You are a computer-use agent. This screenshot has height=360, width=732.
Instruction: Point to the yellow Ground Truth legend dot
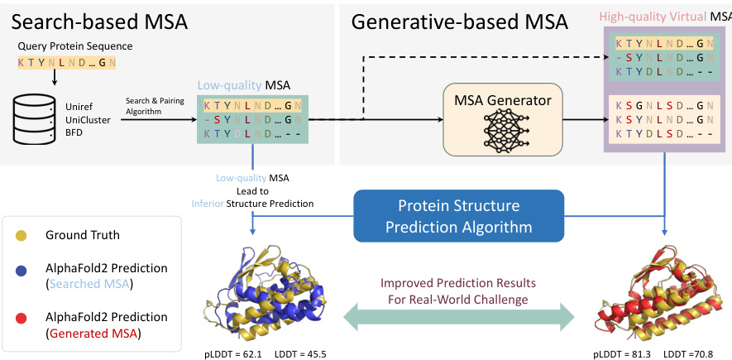tap(22, 235)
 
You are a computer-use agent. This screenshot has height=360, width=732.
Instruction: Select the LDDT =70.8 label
tap(688, 353)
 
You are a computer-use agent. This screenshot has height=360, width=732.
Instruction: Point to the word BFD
tap(76, 132)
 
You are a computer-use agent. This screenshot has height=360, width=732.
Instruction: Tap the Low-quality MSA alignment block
tap(252, 119)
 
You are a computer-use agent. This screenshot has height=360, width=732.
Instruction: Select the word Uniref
tap(80, 107)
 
